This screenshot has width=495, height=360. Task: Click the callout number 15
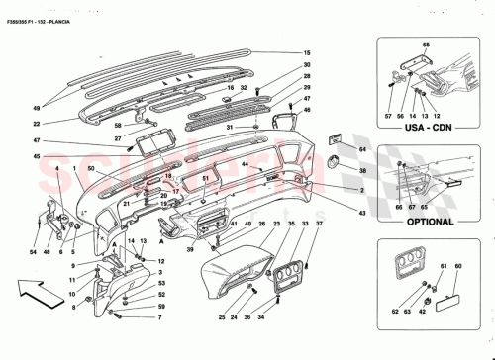pyautogui.click(x=308, y=52)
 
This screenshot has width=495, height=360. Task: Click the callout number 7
pyautogui.click(x=158, y=320)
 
